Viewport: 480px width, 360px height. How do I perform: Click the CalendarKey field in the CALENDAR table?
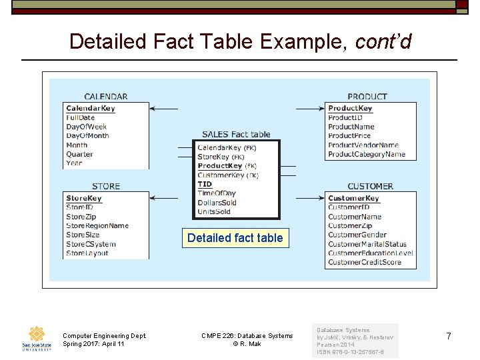pos(91,108)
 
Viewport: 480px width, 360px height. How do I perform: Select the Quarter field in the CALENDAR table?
pos(79,154)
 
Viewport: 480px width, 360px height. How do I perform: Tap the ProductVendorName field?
pos(363,145)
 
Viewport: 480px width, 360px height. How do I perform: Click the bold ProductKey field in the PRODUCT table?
pos(350,108)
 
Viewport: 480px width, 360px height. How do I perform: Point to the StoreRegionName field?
pos(97,225)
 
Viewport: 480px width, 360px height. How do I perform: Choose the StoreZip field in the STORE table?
pos(81,217)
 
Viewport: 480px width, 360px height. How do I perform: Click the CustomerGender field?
pos(357,235)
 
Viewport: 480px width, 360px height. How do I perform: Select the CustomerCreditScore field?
pos(365,262)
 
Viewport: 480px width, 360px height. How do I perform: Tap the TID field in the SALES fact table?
pos(205,184)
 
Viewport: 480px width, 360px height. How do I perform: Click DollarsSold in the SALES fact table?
pos(217,203)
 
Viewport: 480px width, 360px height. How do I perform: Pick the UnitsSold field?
pos(214,212)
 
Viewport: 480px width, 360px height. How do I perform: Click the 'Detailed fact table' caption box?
pos(235,238)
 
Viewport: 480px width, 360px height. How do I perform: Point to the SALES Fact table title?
pos(236,134)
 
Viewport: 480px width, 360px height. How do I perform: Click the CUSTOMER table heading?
pos(370,186)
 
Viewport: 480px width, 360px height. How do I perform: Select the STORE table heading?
pos(106,186)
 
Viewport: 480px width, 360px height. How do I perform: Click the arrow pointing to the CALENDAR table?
pos(164,108)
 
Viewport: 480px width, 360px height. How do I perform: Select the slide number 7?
pos(448,337)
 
